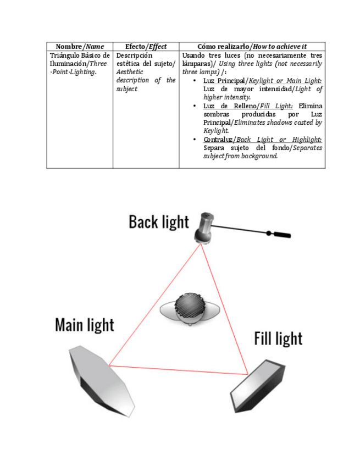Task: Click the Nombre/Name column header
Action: (80, 47)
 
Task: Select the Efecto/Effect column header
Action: (146, 47)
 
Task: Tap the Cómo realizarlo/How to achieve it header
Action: (252, 47)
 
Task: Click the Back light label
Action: (158, 222)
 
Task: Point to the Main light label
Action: (85, 325)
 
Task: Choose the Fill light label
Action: (278, 338)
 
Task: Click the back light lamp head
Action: (205, 226)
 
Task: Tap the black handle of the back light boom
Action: (279, 235)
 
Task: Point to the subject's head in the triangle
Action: (190, 308)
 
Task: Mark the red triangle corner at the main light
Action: (109, 365)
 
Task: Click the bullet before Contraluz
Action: (196, 140)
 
